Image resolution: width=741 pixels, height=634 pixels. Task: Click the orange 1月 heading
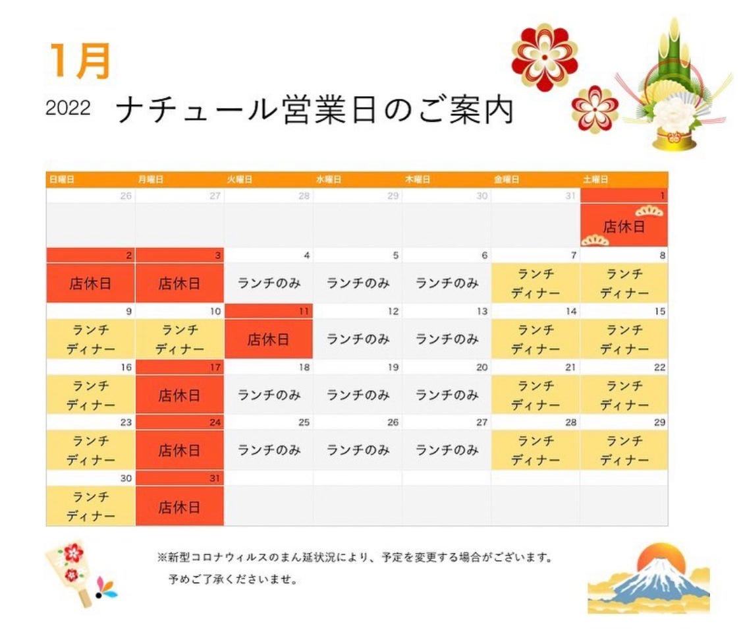pyautogui.click(x=80, y=61)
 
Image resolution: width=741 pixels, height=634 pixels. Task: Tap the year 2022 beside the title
pyautogui.click(x=68, y=108)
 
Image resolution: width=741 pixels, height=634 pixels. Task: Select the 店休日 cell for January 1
pyautogui.click(x=624, y=225)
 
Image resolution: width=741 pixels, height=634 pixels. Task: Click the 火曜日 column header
pyautogui.click(x=240, y=180)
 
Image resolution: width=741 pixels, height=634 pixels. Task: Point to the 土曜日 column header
pyautogui.click(x=595, y=180)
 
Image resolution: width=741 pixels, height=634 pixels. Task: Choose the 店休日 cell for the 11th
pyautogui.click(x=269, y=339)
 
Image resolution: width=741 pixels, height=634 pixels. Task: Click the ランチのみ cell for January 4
pyautogui.click(x=269, y=283)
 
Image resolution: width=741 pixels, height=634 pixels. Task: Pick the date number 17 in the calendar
pyautogui.click(x=215, y=367)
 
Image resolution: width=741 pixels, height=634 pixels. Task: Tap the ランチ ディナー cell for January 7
pyautogui.click(x=535, y=283)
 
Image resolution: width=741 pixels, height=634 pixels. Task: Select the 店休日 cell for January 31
pyautogui.click(x=180, y=506)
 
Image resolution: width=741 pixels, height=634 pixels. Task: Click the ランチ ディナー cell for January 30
pyautogui.click(x=90, y=506)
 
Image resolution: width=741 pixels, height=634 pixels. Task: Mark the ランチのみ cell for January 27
pyautogui.click(x=447, y=449)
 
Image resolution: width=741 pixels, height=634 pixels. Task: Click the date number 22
pyautogui.click(x=659, y=367)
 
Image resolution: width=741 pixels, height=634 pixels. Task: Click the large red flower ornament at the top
pyautogui.click(x=545, y=57)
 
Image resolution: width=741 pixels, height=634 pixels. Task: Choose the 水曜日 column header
pyautogui.click(x=329, y=180)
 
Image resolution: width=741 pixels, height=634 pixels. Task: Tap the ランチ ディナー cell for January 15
pyautogui.click(x=624, y=339)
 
